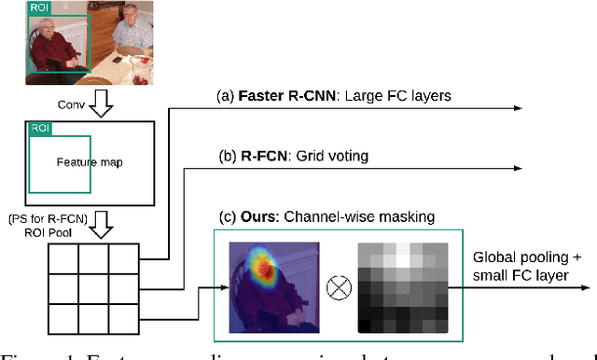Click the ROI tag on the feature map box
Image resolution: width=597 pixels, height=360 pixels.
[x=39, y=129]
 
